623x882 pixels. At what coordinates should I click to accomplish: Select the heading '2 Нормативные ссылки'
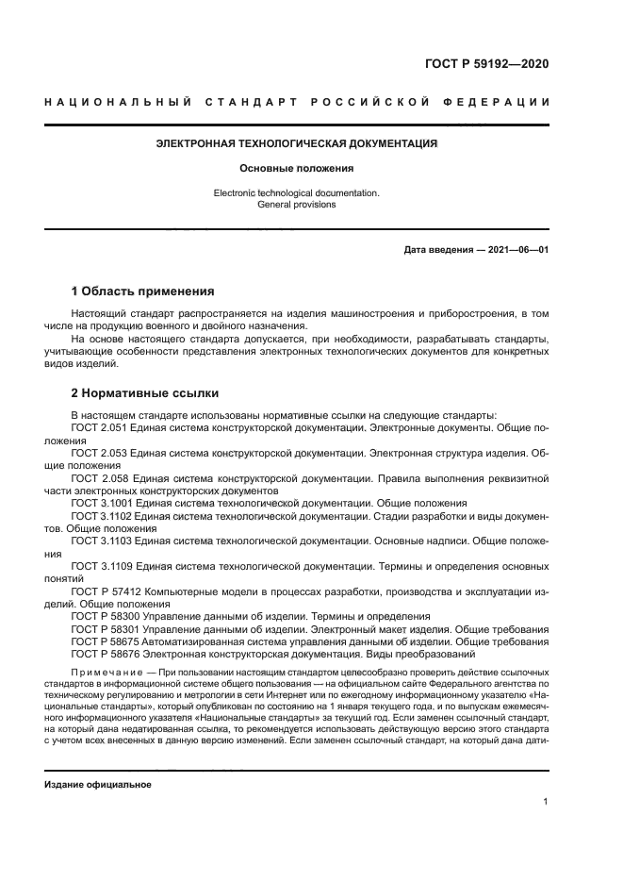point(144,391)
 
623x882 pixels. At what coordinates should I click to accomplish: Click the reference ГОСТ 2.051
point(99,427)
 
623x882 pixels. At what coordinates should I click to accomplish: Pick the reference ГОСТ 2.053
point(99,453)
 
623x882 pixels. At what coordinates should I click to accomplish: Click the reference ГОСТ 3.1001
point(102,503)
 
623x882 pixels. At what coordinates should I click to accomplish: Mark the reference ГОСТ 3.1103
point(102,541)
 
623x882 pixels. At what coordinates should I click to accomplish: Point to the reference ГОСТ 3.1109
point(103,566)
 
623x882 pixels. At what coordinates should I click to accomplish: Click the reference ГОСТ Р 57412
point(107,591)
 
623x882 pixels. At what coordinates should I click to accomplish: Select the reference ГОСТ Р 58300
point(107,616)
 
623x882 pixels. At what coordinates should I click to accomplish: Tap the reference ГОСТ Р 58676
point(107,654)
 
